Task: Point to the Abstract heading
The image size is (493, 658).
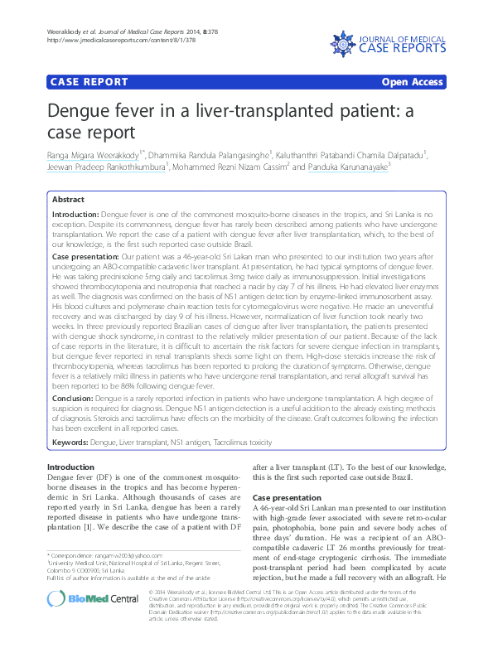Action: click(x=68, y=200)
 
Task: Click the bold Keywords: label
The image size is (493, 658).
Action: click(x=71, y=442)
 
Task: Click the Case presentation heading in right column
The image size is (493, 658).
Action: click(x=290, y=498)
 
